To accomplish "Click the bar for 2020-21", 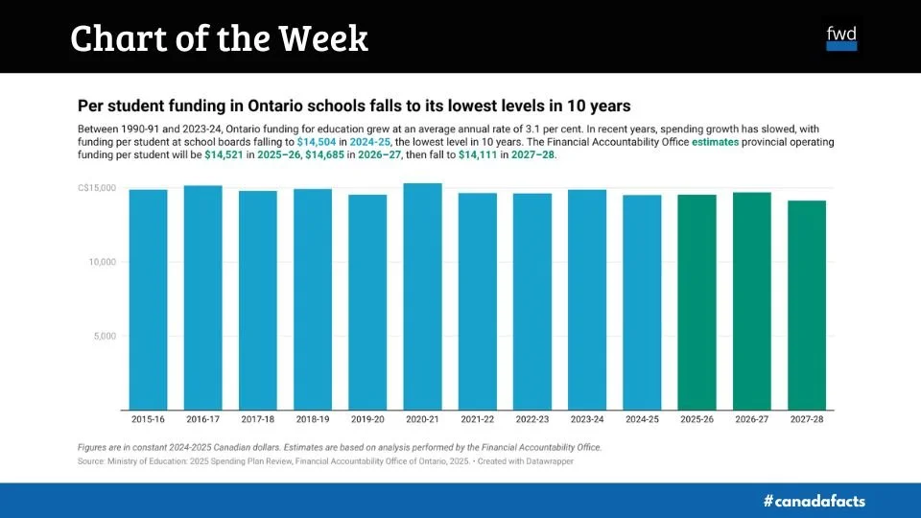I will coord(422,297).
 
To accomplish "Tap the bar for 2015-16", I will coord(148,299).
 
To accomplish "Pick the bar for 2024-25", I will coord(642,302).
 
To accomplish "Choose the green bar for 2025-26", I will coord(697,302).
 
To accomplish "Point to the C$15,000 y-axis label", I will coord(96,188).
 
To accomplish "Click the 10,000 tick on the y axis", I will coord(101,262).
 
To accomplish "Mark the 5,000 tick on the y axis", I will coord(103,336).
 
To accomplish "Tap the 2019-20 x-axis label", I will coord(367,419).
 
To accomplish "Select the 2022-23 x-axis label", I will coord(531,419).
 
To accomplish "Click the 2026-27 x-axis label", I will coord(752,419).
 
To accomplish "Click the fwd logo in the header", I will coord(841,37).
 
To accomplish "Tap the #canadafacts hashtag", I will coord(815,501).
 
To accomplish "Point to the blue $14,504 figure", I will coord(317,141).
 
